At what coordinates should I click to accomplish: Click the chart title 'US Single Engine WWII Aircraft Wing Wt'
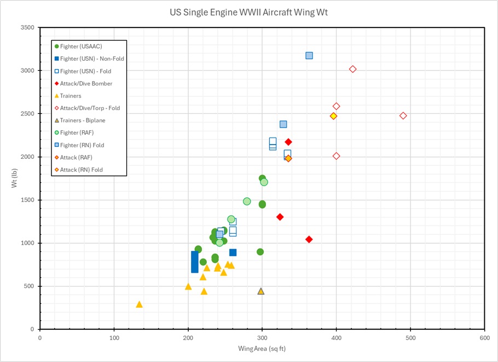click(248, 12)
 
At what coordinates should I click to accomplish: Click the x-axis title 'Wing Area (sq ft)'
click(262, 348)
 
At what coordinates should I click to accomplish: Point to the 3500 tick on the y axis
click(27, 28)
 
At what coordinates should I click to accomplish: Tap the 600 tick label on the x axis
click(484, 337)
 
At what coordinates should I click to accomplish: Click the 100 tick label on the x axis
click(114, 337)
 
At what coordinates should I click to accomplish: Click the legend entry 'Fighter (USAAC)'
click(81, 47)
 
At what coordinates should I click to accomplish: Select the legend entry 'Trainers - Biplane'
click(83, 120)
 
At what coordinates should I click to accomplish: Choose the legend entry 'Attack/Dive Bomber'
click(86, 83)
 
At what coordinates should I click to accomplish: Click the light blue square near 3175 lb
click(309, 55)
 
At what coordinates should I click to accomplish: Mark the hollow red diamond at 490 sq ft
click(403, 116)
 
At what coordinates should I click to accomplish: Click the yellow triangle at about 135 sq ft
click(139, 304)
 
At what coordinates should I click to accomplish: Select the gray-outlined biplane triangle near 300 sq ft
click(261, 291)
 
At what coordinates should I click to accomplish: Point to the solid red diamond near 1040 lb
click(309, 239)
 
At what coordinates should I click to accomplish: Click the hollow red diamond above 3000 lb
click(353, 69)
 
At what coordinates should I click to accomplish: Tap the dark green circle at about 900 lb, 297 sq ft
click(260, 252)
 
